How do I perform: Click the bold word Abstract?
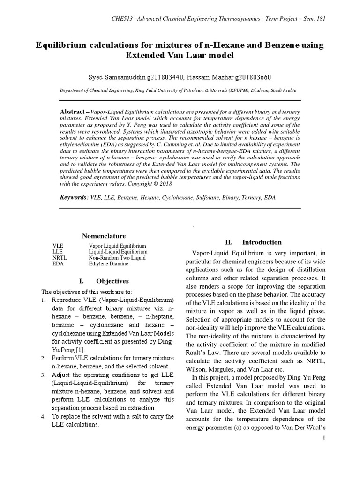coord(74,113)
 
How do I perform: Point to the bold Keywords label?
coord(74,198)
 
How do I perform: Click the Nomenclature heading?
coord(104,236)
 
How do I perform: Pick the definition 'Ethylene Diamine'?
coord(108,264)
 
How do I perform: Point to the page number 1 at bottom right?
coord(324,437)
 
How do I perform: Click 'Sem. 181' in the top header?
coord(313,19)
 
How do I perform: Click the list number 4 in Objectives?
coord(43,416)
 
